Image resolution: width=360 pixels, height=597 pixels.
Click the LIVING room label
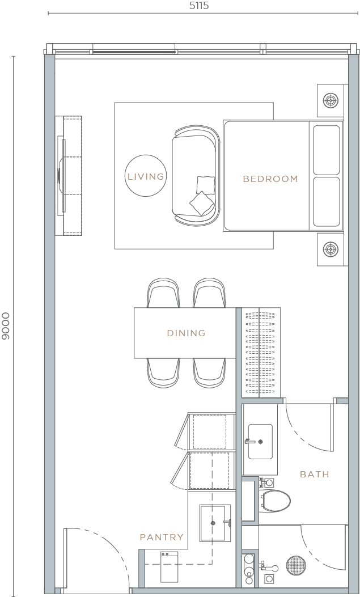146,177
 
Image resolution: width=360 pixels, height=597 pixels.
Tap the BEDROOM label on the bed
270,179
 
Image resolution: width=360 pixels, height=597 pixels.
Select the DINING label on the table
186,333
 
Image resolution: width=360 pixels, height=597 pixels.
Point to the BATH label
314,474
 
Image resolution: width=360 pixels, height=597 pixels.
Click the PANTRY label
162,537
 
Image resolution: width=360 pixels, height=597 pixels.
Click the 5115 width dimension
197,7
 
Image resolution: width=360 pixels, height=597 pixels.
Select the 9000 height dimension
6,325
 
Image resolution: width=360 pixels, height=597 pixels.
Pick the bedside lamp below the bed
330,249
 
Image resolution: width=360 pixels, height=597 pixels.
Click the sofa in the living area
196,176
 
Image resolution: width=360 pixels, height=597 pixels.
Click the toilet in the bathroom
275,500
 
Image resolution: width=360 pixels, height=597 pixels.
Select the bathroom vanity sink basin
260,441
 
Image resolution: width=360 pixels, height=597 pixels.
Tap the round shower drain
295,566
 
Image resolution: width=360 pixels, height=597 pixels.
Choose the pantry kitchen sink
214,523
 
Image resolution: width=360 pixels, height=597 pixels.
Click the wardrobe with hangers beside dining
259,352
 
